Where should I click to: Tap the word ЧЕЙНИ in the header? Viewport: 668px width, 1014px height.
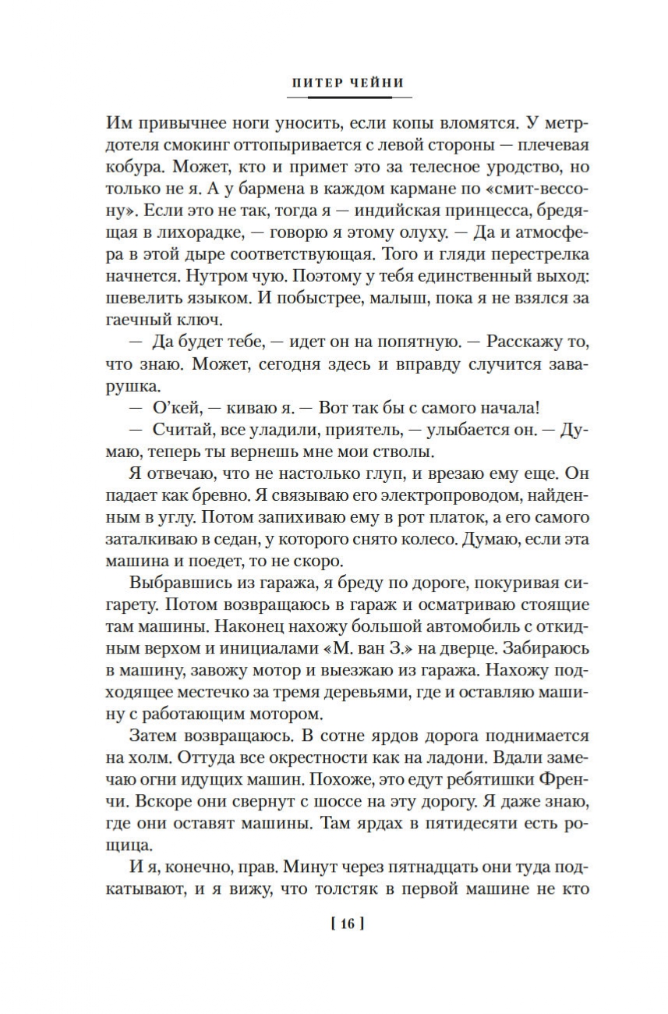pyautogui.click(x=379, y=82)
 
